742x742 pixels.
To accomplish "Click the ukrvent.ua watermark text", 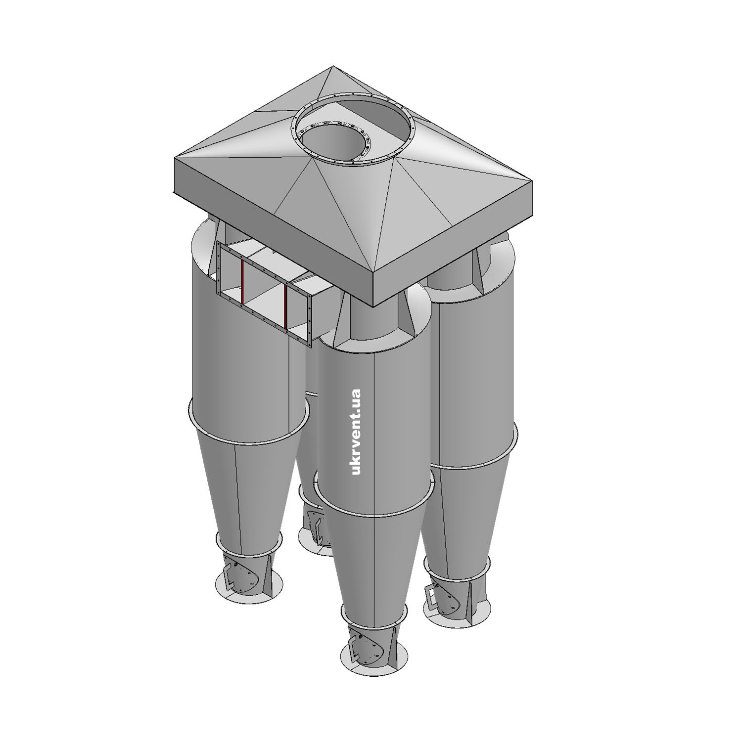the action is point(355,432).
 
